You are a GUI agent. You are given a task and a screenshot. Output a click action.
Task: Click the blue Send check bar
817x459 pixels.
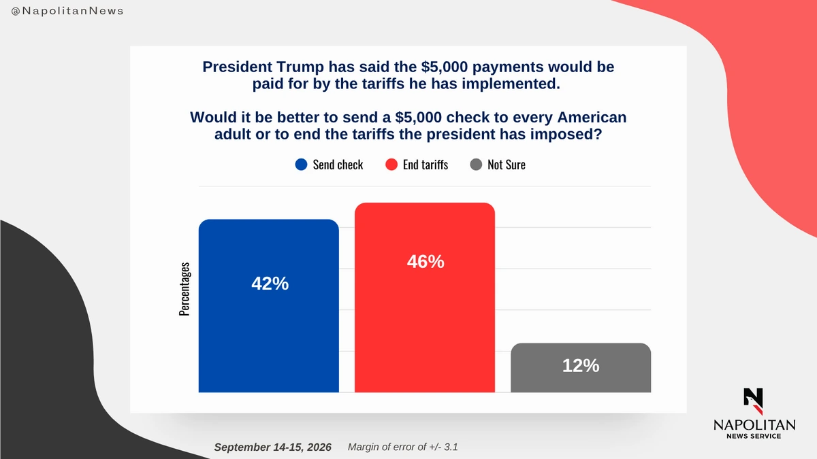268,305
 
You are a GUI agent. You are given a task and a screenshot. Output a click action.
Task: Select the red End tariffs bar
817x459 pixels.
425,297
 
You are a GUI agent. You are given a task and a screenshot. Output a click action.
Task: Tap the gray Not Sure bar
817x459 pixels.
581,368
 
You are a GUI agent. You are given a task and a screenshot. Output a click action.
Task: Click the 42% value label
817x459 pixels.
270,284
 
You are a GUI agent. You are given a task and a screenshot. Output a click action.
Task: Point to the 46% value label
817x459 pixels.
426,262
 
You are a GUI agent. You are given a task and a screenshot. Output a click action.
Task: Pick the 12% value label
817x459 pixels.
581,365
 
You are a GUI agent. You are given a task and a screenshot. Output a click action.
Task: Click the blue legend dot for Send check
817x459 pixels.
301,165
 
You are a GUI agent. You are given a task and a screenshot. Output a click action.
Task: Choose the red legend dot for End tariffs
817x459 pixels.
391,165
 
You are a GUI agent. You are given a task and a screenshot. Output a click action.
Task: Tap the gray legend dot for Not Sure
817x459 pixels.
476,165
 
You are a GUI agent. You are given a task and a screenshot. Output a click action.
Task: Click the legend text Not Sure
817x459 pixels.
507,165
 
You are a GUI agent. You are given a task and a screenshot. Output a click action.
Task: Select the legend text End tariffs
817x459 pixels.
426,165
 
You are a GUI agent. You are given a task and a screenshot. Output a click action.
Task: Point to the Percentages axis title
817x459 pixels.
185,289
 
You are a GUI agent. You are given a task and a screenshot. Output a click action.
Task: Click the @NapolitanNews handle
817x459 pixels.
67,11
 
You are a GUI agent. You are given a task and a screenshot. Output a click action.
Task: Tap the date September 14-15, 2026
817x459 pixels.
273,447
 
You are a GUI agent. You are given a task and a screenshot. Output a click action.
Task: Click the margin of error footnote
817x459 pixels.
402,447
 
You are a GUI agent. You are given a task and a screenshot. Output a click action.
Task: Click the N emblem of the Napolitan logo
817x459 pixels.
754,401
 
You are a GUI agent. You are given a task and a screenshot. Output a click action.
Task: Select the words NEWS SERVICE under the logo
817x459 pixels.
754,436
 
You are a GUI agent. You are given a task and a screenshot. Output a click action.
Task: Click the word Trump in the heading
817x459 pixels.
300,67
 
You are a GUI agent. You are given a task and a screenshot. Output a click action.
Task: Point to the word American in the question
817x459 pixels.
592,117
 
